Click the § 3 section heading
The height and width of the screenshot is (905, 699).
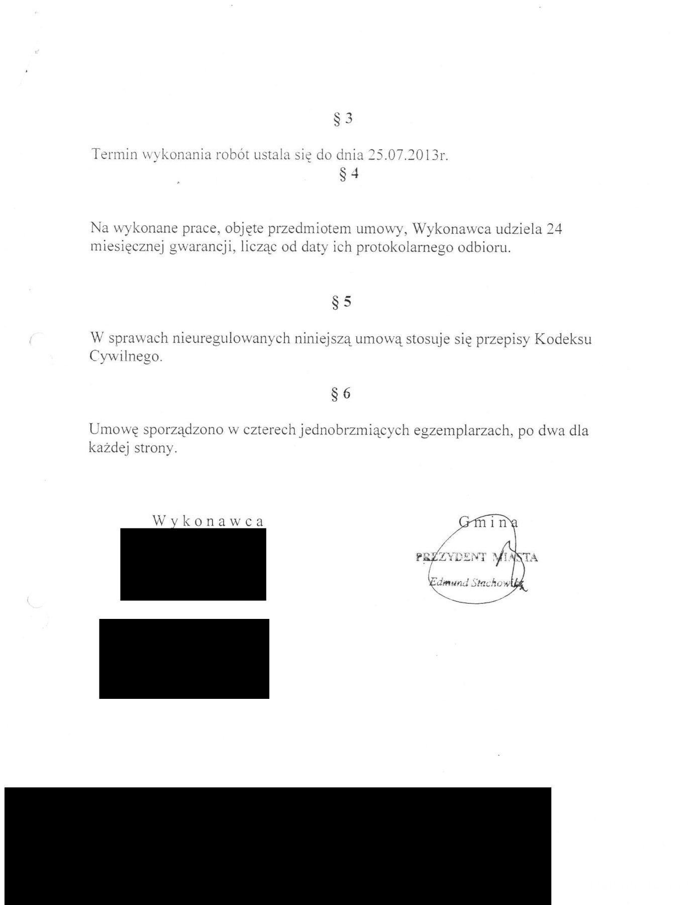coord(343,119)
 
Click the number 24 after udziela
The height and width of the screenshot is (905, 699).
coord(553,229)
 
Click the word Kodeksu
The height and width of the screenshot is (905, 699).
coord(563,339)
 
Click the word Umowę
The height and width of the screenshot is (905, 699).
coord(113,430)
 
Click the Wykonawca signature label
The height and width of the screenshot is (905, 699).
coord(208,521)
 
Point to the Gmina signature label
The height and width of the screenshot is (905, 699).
coord(489,523)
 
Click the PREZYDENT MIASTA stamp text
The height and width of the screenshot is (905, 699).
coord(477,557)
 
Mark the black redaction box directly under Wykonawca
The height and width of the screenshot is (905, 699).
coord(193,564)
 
